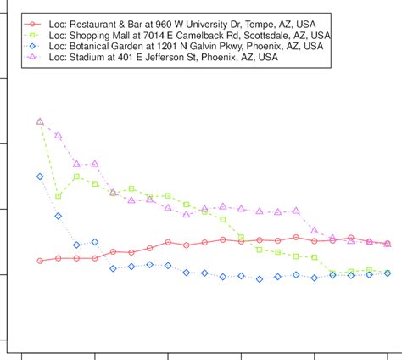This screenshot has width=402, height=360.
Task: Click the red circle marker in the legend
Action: click(x=32, y=23)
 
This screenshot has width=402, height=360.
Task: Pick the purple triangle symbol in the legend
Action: click(x=32, y=57)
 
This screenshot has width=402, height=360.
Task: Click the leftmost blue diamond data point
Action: click(x=40, y=177)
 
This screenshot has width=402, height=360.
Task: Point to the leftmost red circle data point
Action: click(x=40, y=261)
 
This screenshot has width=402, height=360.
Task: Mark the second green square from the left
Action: click(x=59, y=196)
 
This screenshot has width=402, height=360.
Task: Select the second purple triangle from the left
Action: click(x=59, y=135)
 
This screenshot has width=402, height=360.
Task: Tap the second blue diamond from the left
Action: click(x=59, y=216)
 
